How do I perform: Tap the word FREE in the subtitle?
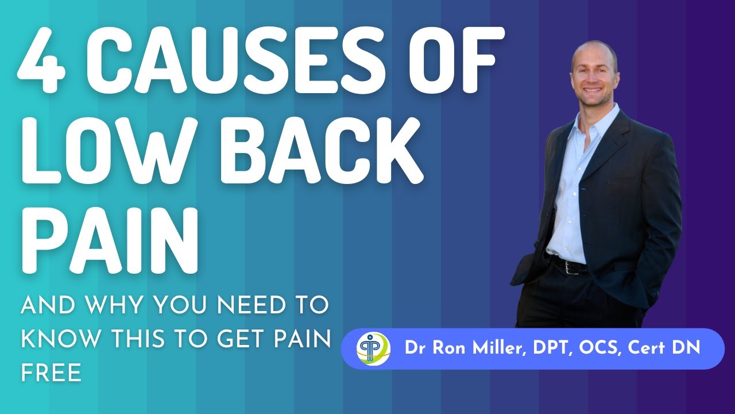pyautogui.click(x=51, y=373)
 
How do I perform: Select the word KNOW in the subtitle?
pyautogui.click(x=59, y=339)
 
